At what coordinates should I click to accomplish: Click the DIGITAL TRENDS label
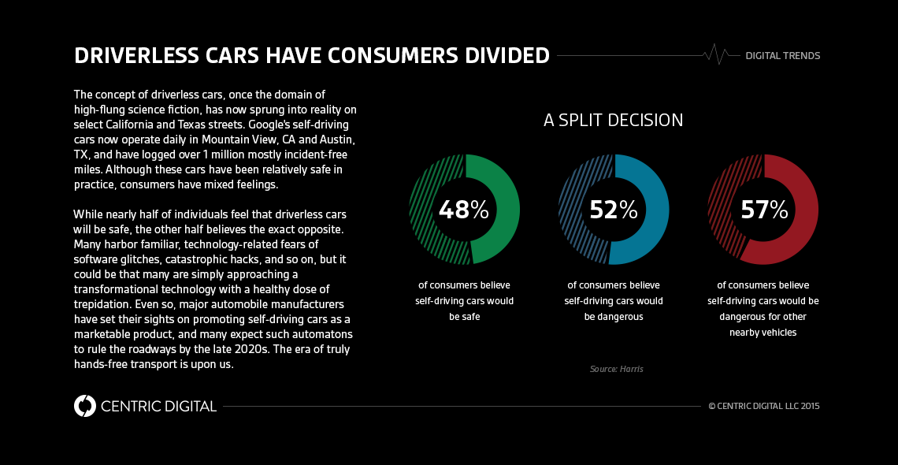[x=782, y=56]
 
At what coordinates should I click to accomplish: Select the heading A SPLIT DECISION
[x=613, y=121]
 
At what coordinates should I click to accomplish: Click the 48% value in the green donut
[x=463, y=210]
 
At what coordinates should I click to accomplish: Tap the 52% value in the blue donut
[x=613, y=210]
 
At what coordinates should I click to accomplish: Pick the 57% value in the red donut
[x=763, y=210]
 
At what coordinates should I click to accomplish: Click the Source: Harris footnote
[x=616, y=369]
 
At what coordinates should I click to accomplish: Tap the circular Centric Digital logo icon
[x=84, y=406]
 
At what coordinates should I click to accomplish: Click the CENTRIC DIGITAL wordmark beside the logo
[x=158, y=407]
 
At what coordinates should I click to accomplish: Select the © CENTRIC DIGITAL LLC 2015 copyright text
[x=764, y=407]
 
